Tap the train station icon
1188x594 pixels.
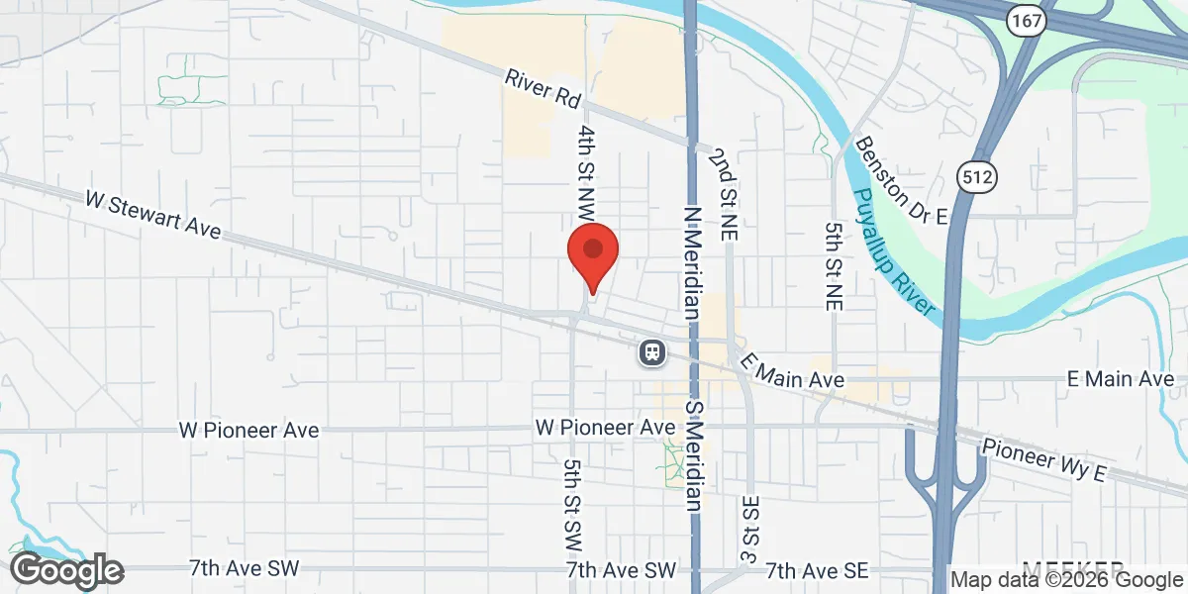pos(651,351)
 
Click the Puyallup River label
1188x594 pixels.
pos(892,252)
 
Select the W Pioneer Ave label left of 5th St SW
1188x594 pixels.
pos(248,431)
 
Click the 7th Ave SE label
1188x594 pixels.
pos(816,570)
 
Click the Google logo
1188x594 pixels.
pos(66,570)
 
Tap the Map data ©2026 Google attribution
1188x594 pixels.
pos(1067,580)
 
